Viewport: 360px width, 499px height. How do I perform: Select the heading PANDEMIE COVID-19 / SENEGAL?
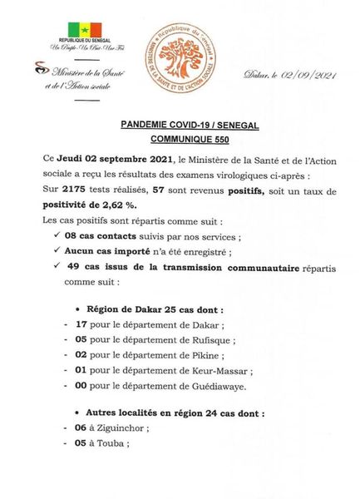point(180,126)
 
